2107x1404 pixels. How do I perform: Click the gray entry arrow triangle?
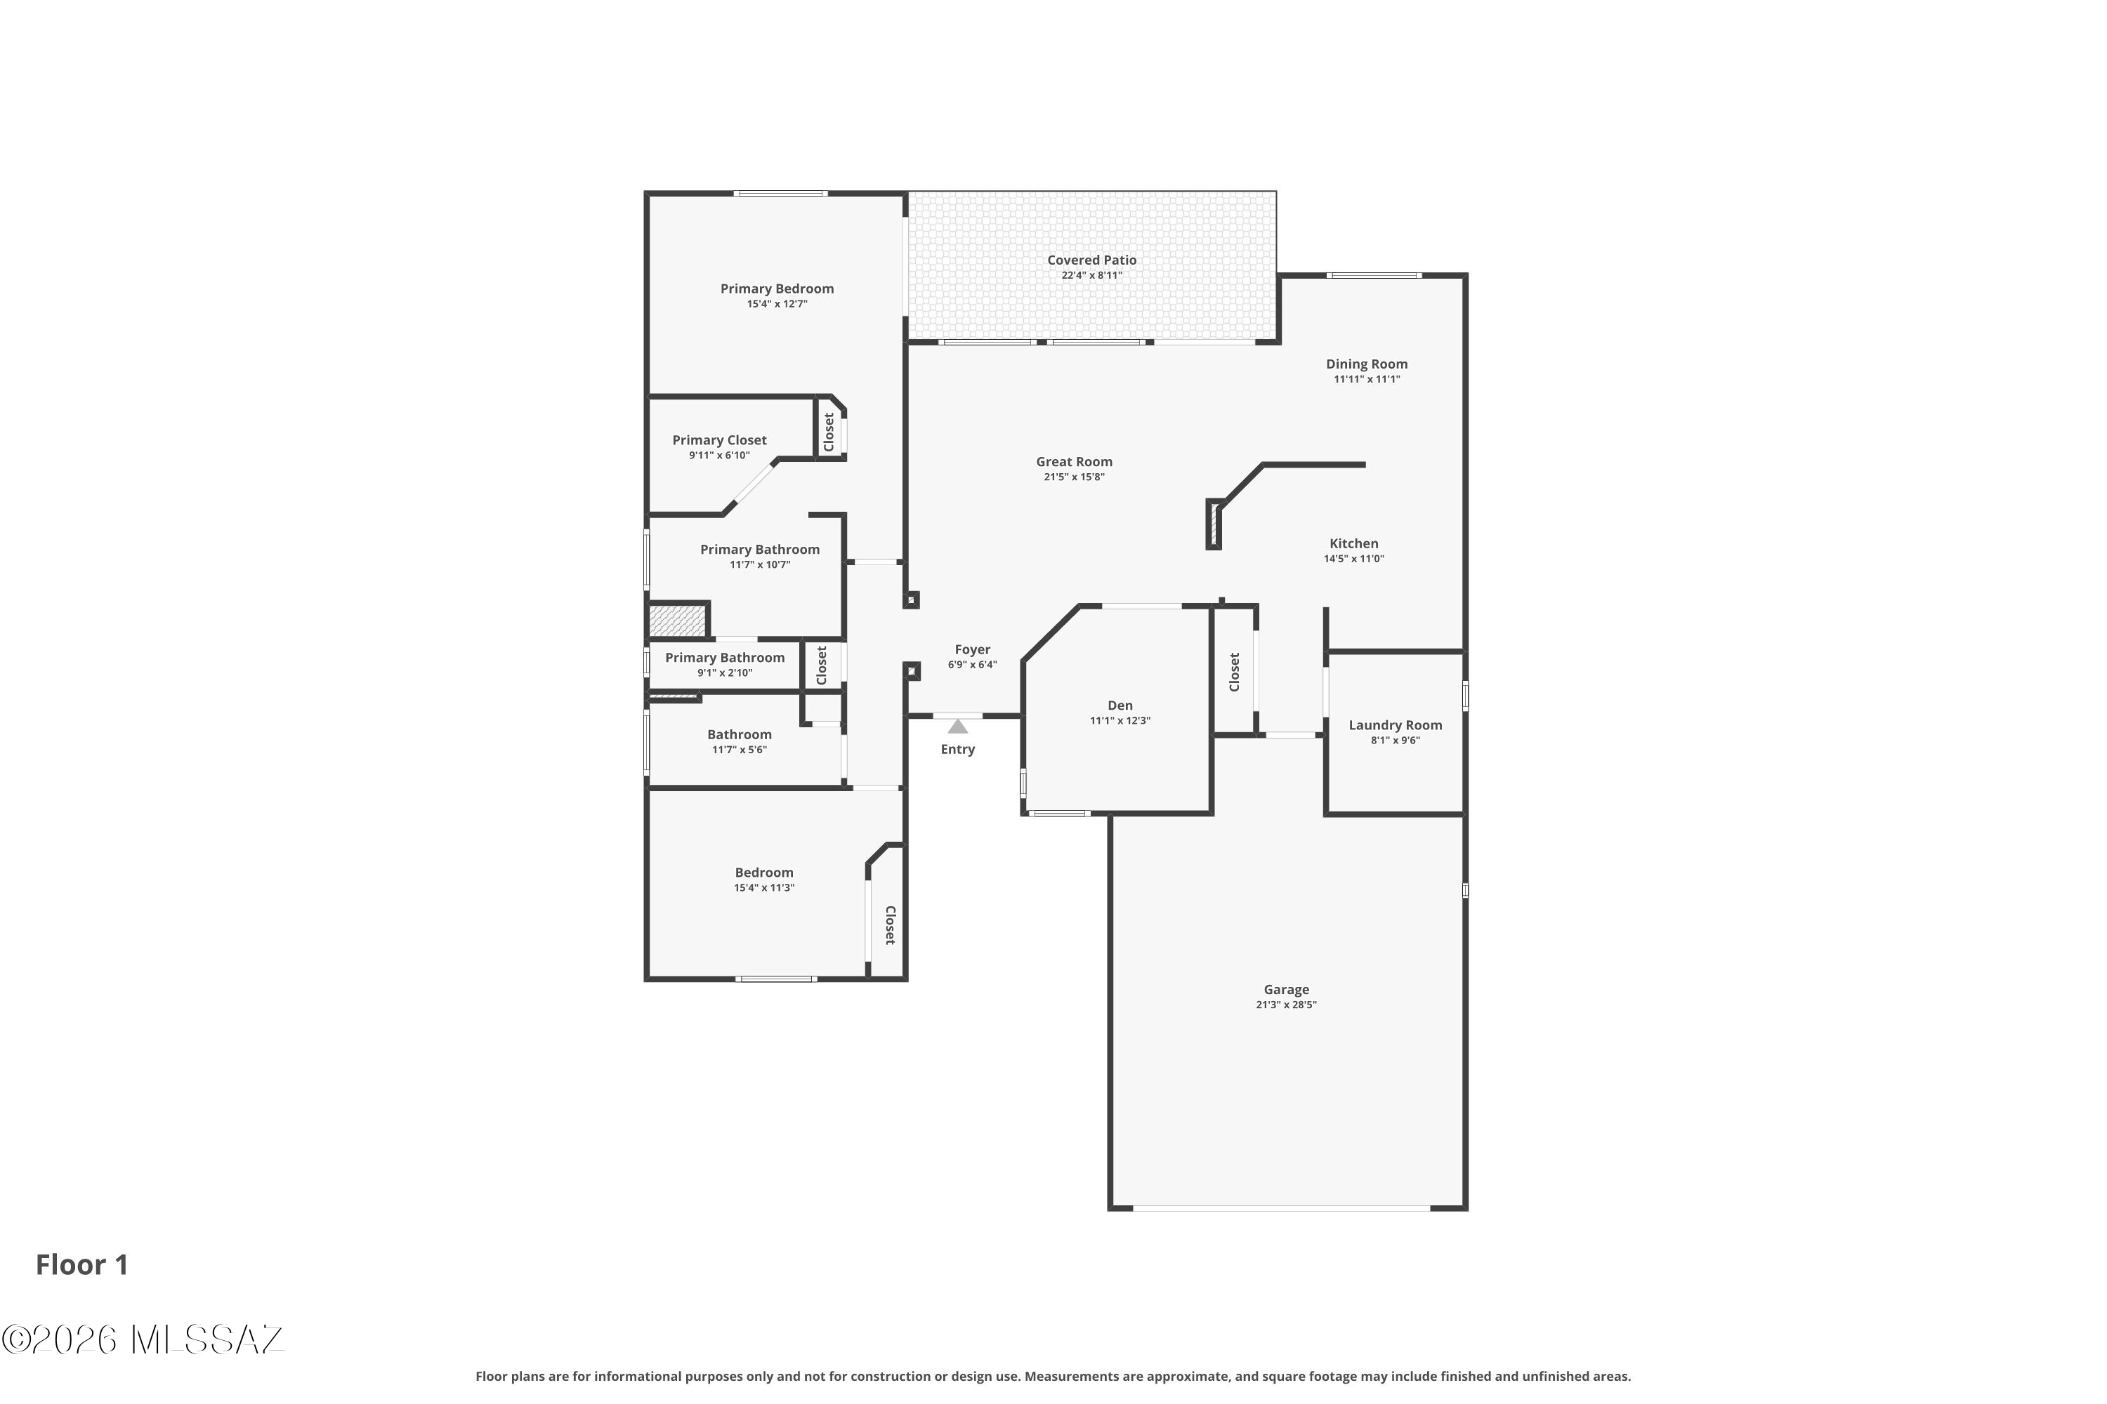pos(958,726)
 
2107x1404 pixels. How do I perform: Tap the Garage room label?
pos(1287,989)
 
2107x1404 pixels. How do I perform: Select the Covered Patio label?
pos(1092,260)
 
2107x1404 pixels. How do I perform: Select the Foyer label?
pos(973,650)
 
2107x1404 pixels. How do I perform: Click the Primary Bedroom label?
pos(777,289)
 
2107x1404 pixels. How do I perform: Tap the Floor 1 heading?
pos(82,1265)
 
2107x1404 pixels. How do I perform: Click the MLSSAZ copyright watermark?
pos(143,1339)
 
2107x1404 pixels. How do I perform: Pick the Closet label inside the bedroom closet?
pos(891,925)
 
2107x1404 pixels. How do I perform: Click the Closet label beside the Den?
pos(1235,672)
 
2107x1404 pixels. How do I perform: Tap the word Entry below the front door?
pos(958,750)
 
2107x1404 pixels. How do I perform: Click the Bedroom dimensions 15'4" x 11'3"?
pos(764,888)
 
